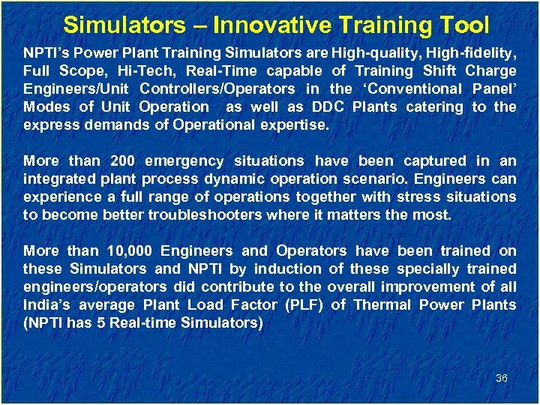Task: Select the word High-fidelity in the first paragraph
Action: pos(470,53)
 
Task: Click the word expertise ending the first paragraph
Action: pos(294,125)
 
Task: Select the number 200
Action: pos(122,161)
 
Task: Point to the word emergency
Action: pos(184,161)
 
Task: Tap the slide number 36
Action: pos(502,378)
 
